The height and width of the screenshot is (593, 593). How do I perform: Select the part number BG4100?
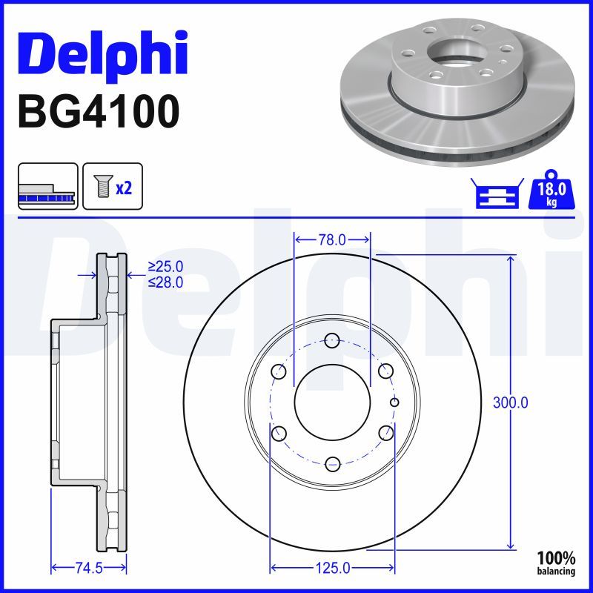pos(99,112)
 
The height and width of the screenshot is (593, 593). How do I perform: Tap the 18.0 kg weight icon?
pos(551,189)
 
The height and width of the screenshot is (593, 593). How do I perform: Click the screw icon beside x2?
pos(102,186)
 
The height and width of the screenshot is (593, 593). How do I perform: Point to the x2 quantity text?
pos(124,188)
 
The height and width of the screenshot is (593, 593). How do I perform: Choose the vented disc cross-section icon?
pos(48,186)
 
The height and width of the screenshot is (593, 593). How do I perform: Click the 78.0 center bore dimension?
pos(331,239)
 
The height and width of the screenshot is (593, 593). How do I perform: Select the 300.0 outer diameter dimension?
pos(510,402)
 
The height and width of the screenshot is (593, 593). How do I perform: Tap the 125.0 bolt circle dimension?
pos(332,568)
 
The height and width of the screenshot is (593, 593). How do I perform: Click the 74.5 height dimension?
pos(89,568)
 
